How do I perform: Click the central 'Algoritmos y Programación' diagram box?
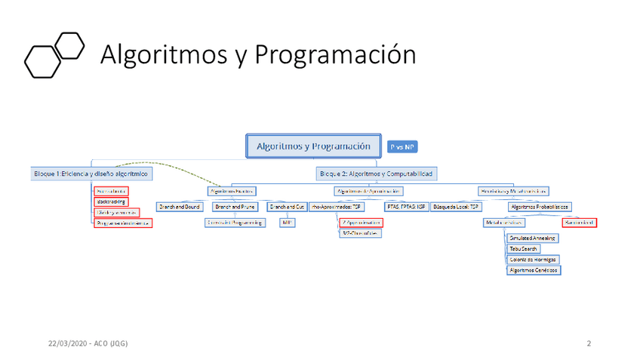pos(313,146)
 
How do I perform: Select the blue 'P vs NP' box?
pos(402,146)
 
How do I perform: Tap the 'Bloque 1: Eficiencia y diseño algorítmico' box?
pos(91,174)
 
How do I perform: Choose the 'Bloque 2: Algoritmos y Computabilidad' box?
pos(376,174)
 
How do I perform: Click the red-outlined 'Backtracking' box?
pos(112,202)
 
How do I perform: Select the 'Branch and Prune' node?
pos(235,206)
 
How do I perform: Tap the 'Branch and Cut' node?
pos(287,206)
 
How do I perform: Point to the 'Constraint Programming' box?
pos(235,223)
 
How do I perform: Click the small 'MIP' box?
pos(287,223)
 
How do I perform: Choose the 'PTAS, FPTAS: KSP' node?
pos(406,206)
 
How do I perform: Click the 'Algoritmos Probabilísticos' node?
pos(540,206)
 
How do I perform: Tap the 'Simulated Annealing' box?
pos(533,238)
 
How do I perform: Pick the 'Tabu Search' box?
pos(524,248)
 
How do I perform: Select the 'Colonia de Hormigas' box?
pos(534,259)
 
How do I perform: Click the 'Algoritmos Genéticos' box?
pos(534,269)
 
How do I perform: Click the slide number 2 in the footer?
pos(588,344)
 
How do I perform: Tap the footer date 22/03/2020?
pos(66,344)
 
